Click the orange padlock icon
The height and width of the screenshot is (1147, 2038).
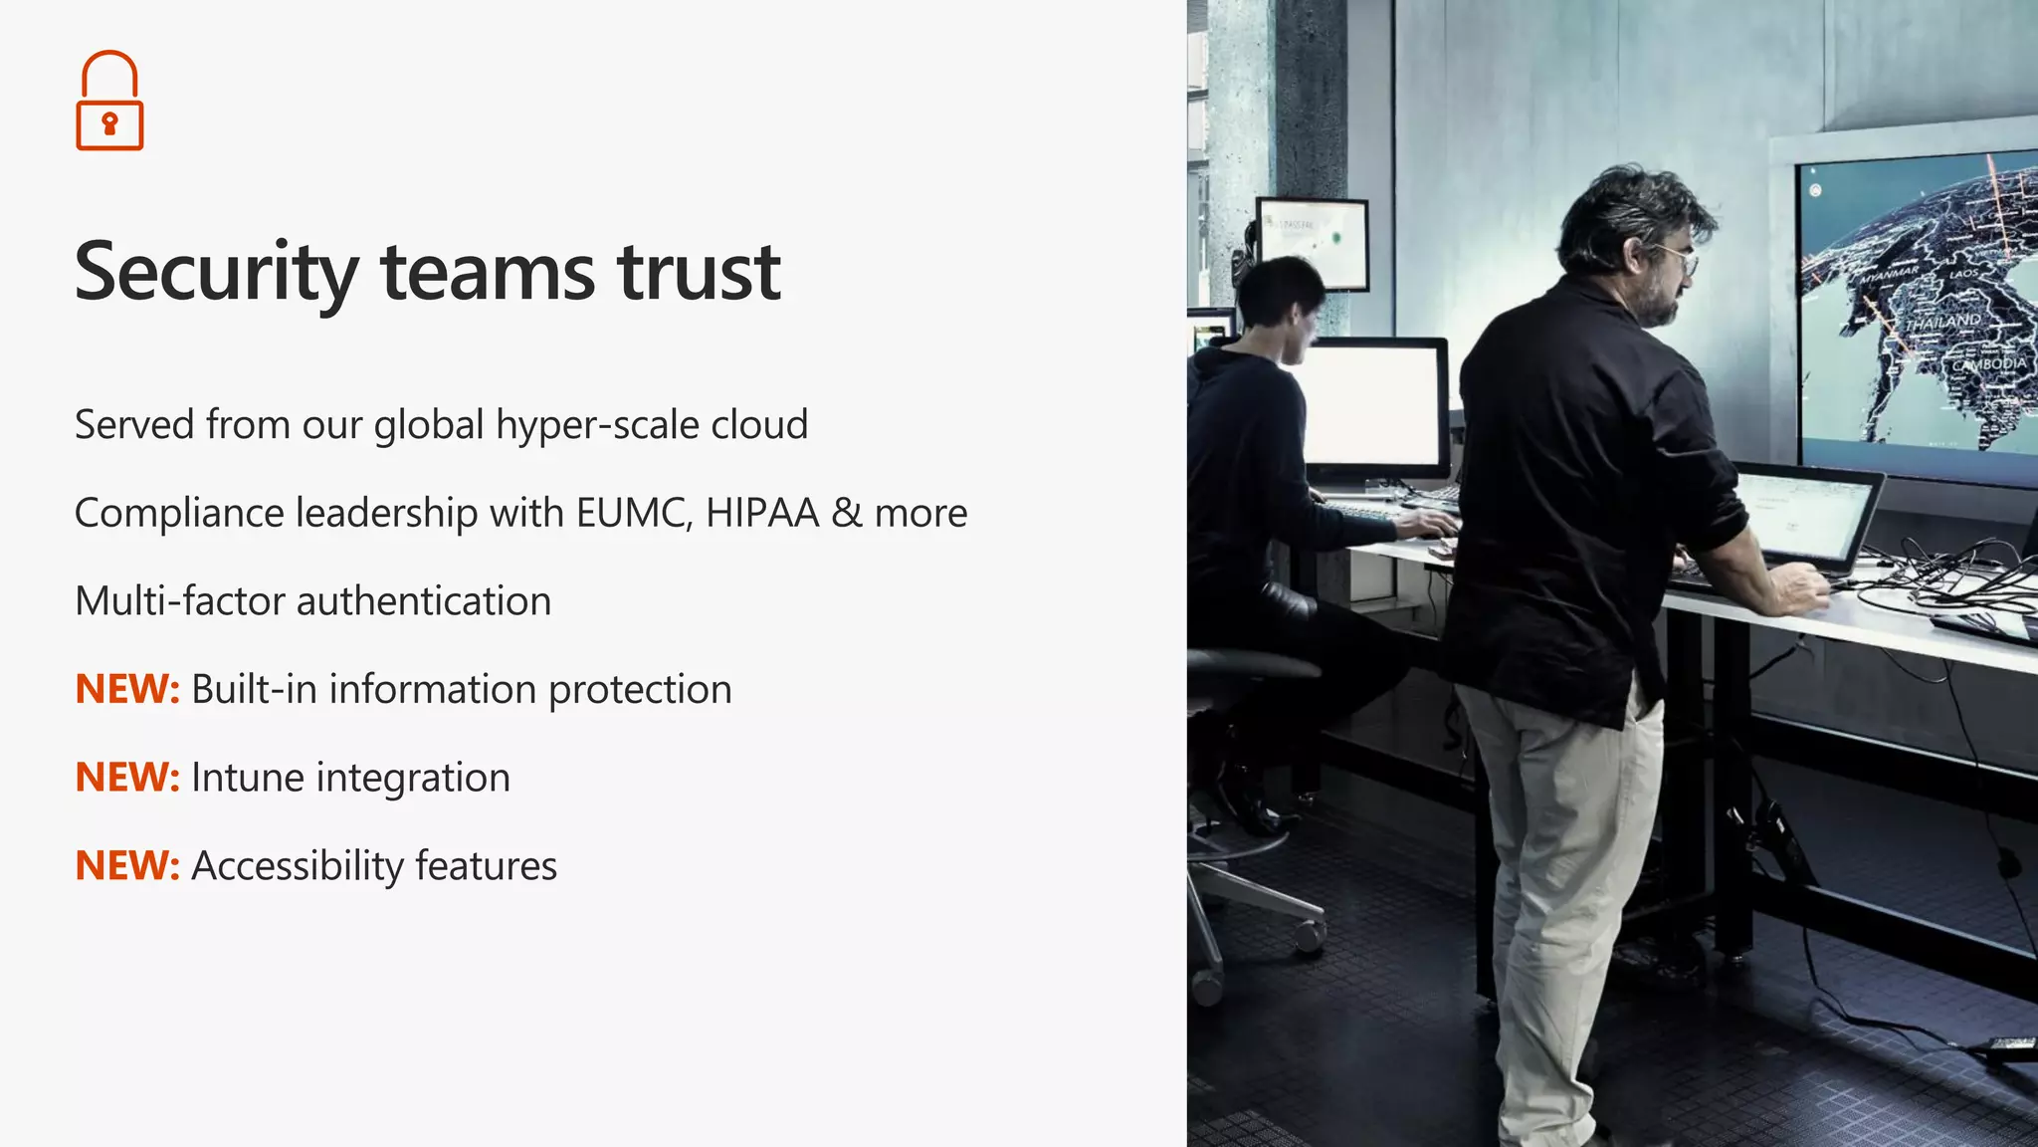109,101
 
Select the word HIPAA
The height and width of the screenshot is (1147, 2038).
762,514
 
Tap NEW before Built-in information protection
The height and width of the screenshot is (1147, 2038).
126,689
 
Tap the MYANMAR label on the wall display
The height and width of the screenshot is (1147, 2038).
1888,275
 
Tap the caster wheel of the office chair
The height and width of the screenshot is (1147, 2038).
1310,936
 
